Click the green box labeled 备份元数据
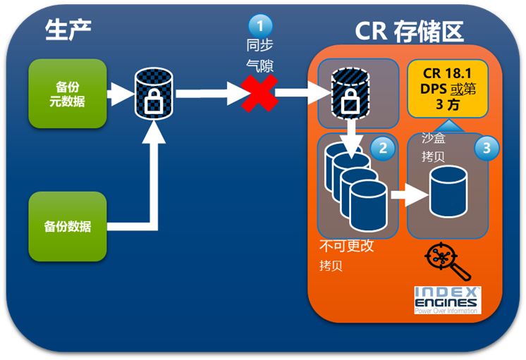click(x=68, y=92)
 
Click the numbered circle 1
click(x=259, y=25)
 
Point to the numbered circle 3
click(x=484, y=148)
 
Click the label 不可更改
click(x=346, y=248)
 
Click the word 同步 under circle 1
click(x=258, y=46)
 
